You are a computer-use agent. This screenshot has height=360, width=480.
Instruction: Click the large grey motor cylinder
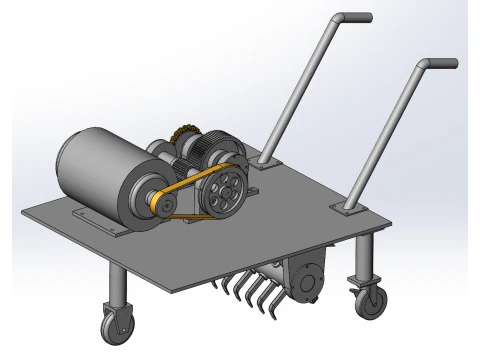click(95, 170)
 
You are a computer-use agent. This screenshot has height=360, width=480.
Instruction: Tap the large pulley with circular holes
click(225, 191)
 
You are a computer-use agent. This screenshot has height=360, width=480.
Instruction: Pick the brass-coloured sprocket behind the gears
click(182, 134)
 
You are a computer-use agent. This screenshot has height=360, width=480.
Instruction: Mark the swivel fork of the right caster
click(361, 284)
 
